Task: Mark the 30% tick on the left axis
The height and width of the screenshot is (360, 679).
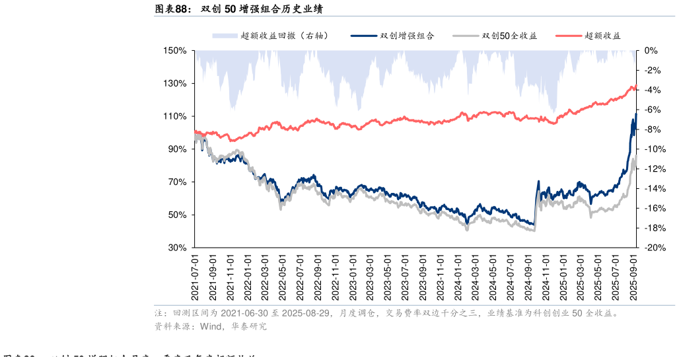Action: (176, 248)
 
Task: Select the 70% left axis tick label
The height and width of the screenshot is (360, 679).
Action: (176, 182)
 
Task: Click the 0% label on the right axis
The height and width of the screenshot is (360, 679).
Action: (650, 51)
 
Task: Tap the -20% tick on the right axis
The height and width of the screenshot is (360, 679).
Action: (654, 248)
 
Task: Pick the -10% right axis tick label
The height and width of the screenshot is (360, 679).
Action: (654, 149)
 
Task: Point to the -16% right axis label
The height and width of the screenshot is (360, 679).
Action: (654, 208)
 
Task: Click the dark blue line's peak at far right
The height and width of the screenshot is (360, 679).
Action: (635, 114)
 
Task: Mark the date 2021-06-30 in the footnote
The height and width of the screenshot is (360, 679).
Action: (240, 313)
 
